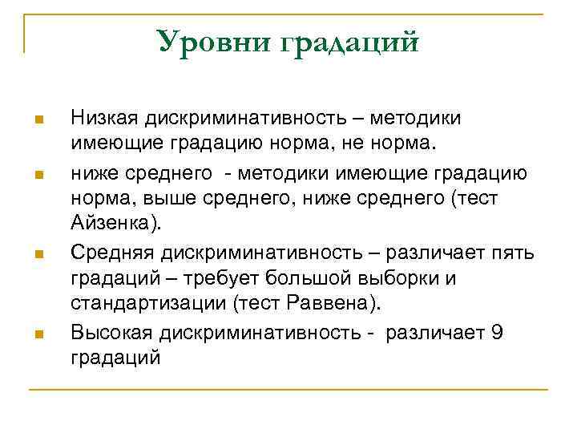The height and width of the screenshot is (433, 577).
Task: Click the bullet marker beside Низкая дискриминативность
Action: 38,120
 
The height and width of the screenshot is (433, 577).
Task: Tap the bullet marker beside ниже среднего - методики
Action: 38,172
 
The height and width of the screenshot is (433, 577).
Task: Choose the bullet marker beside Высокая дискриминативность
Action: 38,333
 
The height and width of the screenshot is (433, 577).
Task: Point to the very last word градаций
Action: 115,357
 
